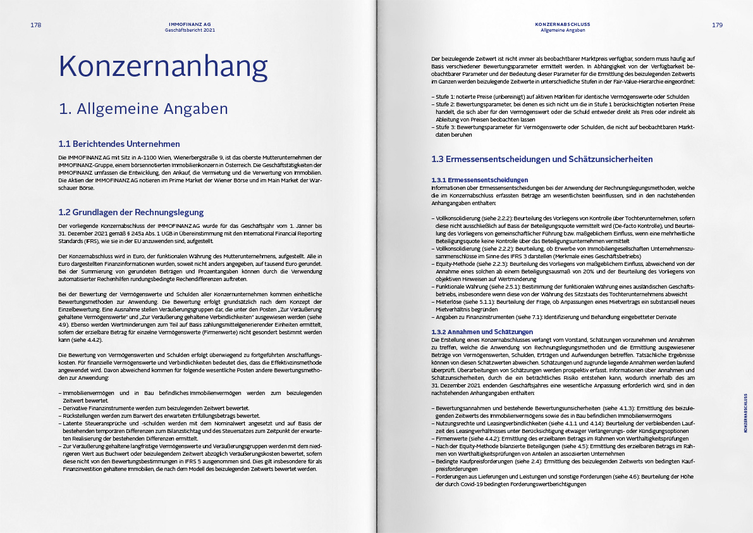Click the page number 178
click(36, 25)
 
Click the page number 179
click(717, 25)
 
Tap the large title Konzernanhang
click(162, 66)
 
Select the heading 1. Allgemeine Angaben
click(143, 109)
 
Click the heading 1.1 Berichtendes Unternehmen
click(119, 144)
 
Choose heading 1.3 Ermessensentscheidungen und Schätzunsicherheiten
click(542, 159)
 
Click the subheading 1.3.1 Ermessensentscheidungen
click(479, 180)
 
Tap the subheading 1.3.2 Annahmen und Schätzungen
click(482, 332)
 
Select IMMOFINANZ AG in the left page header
click(190, 23)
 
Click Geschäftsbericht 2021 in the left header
click(190, 30)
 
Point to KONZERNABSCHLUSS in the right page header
click(563, 23)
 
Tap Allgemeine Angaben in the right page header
click(563, 30)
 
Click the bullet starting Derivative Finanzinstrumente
click(155, 408)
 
